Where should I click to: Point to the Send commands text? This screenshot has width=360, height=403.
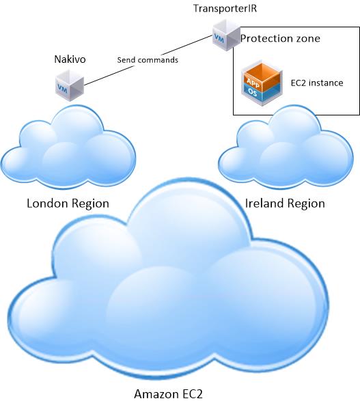click(148, 60)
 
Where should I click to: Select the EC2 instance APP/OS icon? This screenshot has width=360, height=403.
click(263, 83)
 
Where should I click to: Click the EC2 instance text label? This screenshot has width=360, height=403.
click(316, 83)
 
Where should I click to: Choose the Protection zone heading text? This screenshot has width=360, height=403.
click(280, 39)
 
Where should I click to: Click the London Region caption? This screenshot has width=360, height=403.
click(68, 204)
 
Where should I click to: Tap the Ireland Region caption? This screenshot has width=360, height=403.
click(285, 204)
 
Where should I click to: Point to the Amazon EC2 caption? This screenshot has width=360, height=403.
click(168, 394)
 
